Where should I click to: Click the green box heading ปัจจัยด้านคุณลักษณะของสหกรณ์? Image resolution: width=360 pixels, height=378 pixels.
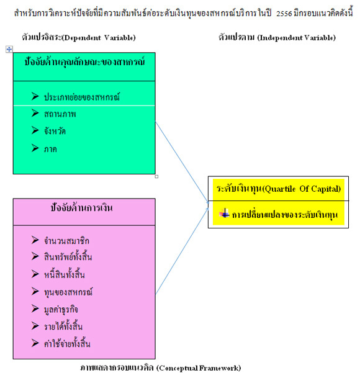tap(84, 62)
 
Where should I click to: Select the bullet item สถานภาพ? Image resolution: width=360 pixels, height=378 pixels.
tap(60, 114)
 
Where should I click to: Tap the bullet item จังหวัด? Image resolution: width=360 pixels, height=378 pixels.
tap(55, 131)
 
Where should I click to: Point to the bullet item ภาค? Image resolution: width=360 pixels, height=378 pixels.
tap(50, 149)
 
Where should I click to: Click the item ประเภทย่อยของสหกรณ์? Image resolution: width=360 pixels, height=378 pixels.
tap(82, 97)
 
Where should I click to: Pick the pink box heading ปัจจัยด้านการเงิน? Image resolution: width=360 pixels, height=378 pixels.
tap(82, 207)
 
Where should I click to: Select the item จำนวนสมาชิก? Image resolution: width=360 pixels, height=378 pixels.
tap(66, 241)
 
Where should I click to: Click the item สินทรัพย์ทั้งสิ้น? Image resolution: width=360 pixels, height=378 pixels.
tap(68, 256)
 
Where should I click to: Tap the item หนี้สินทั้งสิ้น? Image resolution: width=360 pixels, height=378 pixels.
tap(65, 274)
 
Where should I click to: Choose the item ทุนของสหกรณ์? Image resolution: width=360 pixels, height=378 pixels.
tap(68, 292)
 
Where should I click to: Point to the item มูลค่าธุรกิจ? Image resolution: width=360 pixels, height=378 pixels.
tap(61, 309)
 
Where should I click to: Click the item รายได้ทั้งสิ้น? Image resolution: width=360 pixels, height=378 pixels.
tap(63, 326)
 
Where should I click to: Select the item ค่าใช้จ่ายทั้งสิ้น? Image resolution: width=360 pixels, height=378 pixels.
tap(67, 343)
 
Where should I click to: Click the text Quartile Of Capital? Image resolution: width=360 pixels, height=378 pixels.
tap(302, 189)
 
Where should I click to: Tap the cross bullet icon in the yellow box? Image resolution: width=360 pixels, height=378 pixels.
tap(224, 213)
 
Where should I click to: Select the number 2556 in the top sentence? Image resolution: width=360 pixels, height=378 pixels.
tap(284, 14)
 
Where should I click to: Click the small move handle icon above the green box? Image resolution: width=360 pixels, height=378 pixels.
tap(9, 50)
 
